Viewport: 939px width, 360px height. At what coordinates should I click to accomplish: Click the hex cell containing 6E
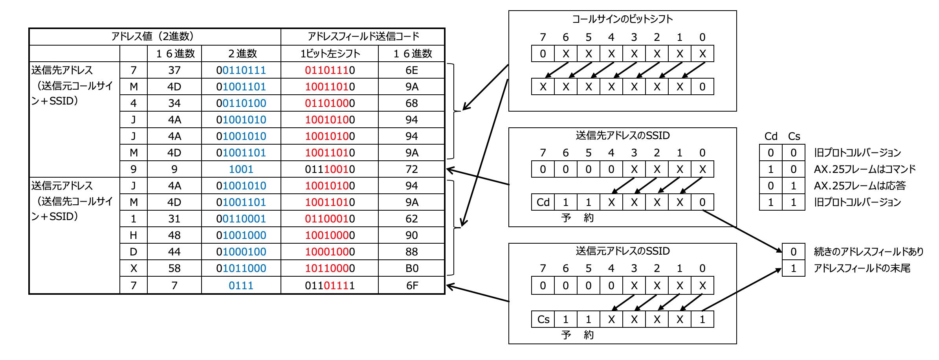(x=411, y=70)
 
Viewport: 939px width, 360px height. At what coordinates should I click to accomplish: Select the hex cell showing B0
(x=411, y=268)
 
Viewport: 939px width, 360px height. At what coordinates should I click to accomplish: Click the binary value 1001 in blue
(x=241, y=169)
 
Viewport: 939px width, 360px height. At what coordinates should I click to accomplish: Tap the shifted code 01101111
(x=330, y=286)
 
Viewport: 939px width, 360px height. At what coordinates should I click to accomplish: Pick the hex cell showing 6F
(x=411, y=286)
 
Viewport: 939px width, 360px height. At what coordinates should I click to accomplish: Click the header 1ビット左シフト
(x=330, y=54)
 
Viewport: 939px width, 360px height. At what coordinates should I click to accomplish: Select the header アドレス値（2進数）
(x=155, y=37)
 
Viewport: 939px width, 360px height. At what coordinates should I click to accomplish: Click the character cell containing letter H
(x=133, y=235)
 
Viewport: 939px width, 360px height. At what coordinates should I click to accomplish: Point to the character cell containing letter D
(x=133, y=252)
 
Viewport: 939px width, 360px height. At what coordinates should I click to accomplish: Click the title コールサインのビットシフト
(x=622, y=19)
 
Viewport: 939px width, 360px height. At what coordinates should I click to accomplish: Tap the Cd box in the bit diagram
(x=543, y=202)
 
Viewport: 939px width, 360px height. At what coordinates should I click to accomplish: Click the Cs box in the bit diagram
(x=543, y=320)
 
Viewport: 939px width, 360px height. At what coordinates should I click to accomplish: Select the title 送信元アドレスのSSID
(x=622, y=251)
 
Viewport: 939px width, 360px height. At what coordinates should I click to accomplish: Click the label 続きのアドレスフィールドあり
(x=868, y=252)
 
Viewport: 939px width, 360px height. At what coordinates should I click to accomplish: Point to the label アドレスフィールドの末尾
(x=862, y=268)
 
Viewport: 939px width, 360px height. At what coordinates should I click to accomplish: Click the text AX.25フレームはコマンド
(x=864, y=169)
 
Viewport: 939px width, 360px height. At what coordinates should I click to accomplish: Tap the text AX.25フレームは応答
(x=860, y=186)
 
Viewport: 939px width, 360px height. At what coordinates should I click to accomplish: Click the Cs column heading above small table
(x=794, y=136)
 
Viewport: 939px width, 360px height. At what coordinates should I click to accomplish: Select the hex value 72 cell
(x=411, y=169)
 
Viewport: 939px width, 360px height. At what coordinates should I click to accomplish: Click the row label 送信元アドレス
(x=62, y=186)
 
